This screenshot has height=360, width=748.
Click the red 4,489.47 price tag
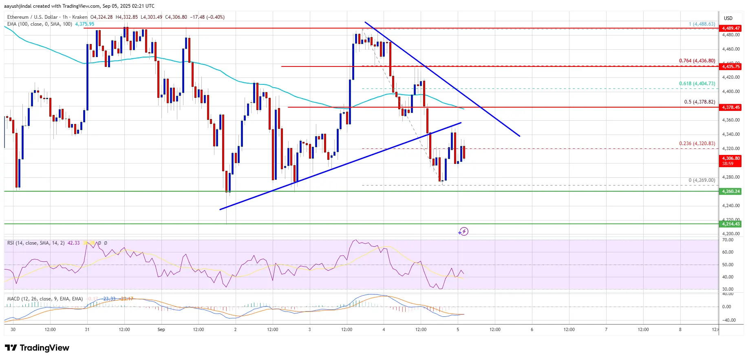pyautogui.click(x=730, y=28)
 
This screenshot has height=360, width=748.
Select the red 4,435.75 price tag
pyautogui.click(x=730, y=66)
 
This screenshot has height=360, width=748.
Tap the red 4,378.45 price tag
pyautogui.click(x=730, y=107)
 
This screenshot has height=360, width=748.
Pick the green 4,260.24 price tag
pyautogui.click(x=730, y=191)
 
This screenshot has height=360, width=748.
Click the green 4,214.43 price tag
pyautogui.click(x=730, y=224)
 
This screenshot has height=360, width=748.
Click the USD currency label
pyautogui.click(x=728, y=18)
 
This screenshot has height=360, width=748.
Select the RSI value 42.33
pyautogui.click(x=73, y=243)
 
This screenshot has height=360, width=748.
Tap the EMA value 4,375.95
pyautogui.click(x=84, y=24)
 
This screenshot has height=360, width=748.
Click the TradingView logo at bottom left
pyautogui.click(x=37, y=348)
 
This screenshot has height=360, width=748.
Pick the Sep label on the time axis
pyautogui.click(x=161, y=329)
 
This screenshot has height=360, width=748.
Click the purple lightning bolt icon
pyautogui.click(x=463, y=232)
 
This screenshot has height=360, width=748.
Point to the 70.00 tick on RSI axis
pyautogui.click(x=728, y=240)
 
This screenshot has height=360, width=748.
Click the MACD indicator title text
pyautogui.click(x=45, y=299)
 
